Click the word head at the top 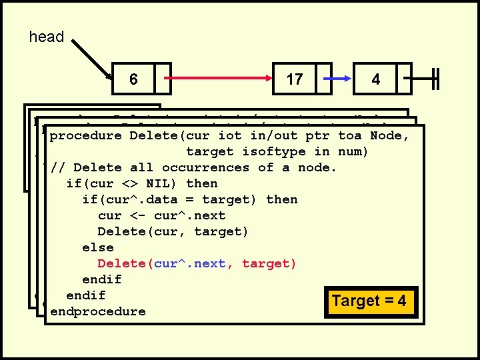(x=47, y=37)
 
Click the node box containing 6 (x=134, y=79)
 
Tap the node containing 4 (x=376, y=79)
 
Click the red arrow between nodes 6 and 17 (x=220, y=79)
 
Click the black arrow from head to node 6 (x=93, y=59)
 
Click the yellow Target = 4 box (x=369, y=301)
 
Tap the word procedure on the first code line (x=85, y=135)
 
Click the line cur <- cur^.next (x=161, y=215)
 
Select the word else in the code (x=97, y=247)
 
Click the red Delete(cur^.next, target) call (x=197, y=263)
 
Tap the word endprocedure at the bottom (x=97, y=311)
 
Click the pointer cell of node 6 (x=163, y=79)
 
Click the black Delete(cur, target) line (x=173, y=231)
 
